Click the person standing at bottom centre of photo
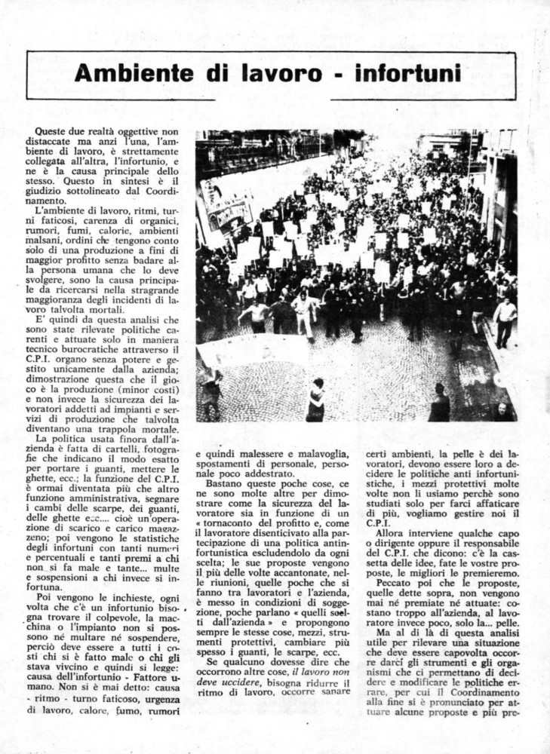click(x=315, y=401)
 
